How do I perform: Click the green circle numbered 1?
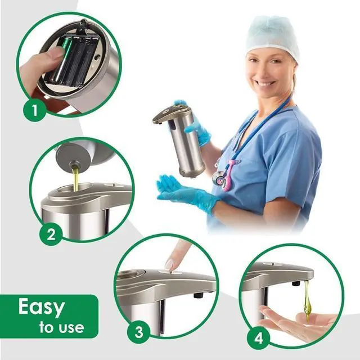click(34, 110)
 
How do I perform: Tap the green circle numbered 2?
click(51, 234)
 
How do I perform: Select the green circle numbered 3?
click(138, 332)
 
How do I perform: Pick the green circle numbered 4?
click(258, 338)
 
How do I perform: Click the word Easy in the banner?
click(42, 307)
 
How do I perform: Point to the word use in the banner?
click(71, 328)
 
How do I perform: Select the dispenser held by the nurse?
click(179, 139)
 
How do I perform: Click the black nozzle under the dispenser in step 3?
click(199, 295)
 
